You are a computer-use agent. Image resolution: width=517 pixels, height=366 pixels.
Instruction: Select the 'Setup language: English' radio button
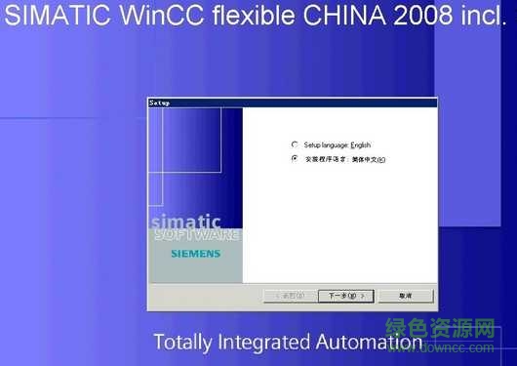295,144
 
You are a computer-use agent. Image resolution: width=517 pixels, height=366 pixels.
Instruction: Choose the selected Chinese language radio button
295,159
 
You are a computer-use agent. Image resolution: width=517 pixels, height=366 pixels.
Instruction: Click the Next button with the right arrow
344,295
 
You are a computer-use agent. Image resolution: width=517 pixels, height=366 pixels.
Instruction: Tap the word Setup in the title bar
160,102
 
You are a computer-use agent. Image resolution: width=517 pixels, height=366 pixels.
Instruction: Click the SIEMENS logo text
195,254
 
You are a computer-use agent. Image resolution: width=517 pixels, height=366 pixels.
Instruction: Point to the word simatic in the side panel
185,222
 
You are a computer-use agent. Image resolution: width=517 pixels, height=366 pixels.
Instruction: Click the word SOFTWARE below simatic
196,235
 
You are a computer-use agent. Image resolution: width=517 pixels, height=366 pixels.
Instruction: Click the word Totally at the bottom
183,343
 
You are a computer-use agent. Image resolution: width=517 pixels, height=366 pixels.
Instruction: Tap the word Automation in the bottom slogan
370,343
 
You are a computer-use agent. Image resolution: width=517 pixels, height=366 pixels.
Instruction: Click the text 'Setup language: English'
337,144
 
